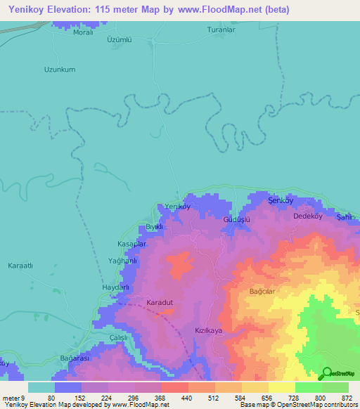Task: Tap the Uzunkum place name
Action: coord(60,70)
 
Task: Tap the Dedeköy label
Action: coord(307,216)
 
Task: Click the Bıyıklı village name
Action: coord(154,227)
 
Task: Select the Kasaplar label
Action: coord(132,243)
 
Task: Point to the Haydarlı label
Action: coord(117,287)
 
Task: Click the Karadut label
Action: coord(160,303)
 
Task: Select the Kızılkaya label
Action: coord(208,330)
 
